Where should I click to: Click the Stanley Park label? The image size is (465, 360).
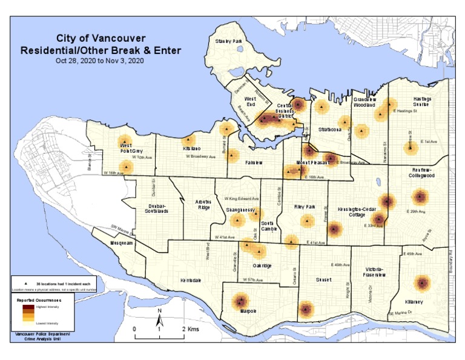coord(228,41)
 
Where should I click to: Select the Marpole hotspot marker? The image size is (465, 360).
coord(241,301)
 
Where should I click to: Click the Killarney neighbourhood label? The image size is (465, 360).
coord(414,302)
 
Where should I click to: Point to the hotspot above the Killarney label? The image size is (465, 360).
coord(422,282)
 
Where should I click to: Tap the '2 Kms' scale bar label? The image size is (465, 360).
coord(191,328)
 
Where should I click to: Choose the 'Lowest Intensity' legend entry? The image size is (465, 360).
coord(49,323)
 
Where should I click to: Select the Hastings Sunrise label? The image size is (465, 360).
coord(421,101)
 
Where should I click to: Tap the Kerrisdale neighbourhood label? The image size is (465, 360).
coord(191,281)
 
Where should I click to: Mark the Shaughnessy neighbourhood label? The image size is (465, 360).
coord(240,209)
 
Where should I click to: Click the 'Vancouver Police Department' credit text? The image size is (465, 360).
coord(40,335)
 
